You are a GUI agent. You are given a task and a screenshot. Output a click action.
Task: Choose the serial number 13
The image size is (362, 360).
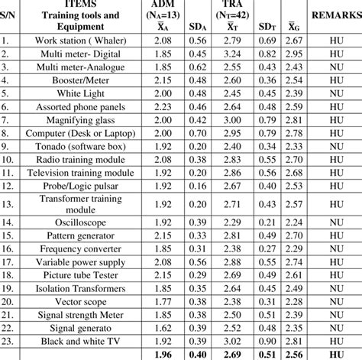coord(9,203)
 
